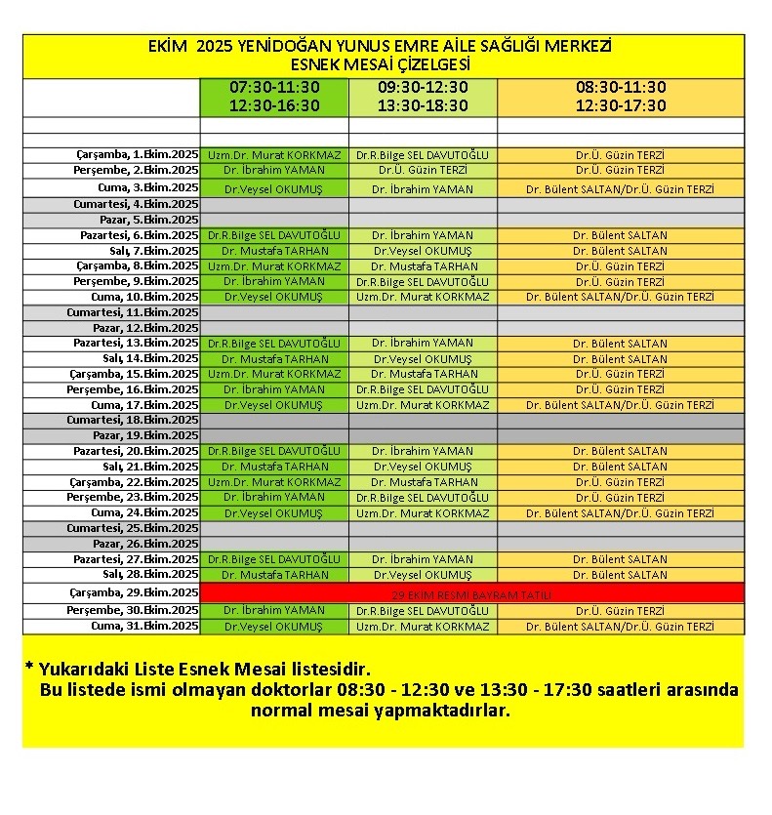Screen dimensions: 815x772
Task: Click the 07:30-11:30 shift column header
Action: click(x=274, y=97)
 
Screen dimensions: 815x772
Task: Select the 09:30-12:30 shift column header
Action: click(x=423, y=97)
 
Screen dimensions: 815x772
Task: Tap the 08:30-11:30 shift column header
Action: click(x=621, y=97)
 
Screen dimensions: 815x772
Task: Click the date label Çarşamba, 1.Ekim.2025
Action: click(x=138, y=155)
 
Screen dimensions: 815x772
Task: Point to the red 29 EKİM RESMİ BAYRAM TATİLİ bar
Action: click(x=471, y=594)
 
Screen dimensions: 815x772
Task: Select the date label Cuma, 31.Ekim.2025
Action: click(x=144, y=627)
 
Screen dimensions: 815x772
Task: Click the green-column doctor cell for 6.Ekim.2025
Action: click(x=274, y=235)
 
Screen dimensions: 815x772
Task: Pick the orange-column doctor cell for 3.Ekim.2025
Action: click(x=620, y=188)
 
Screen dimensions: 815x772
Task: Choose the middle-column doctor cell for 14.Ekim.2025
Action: click(x=423, y=359)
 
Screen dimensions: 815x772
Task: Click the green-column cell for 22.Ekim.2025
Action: click(x=274, y=482)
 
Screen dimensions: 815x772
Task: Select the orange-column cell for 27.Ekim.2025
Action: click(x=620, y=560)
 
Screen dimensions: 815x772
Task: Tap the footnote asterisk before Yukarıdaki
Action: click(x=29, y=670)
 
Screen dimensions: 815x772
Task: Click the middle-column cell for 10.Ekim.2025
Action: click(x=423, y=297)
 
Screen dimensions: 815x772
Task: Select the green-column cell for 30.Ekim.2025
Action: click(x=274, y=611)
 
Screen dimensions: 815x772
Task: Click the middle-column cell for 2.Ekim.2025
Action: click(x=423, y=170)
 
